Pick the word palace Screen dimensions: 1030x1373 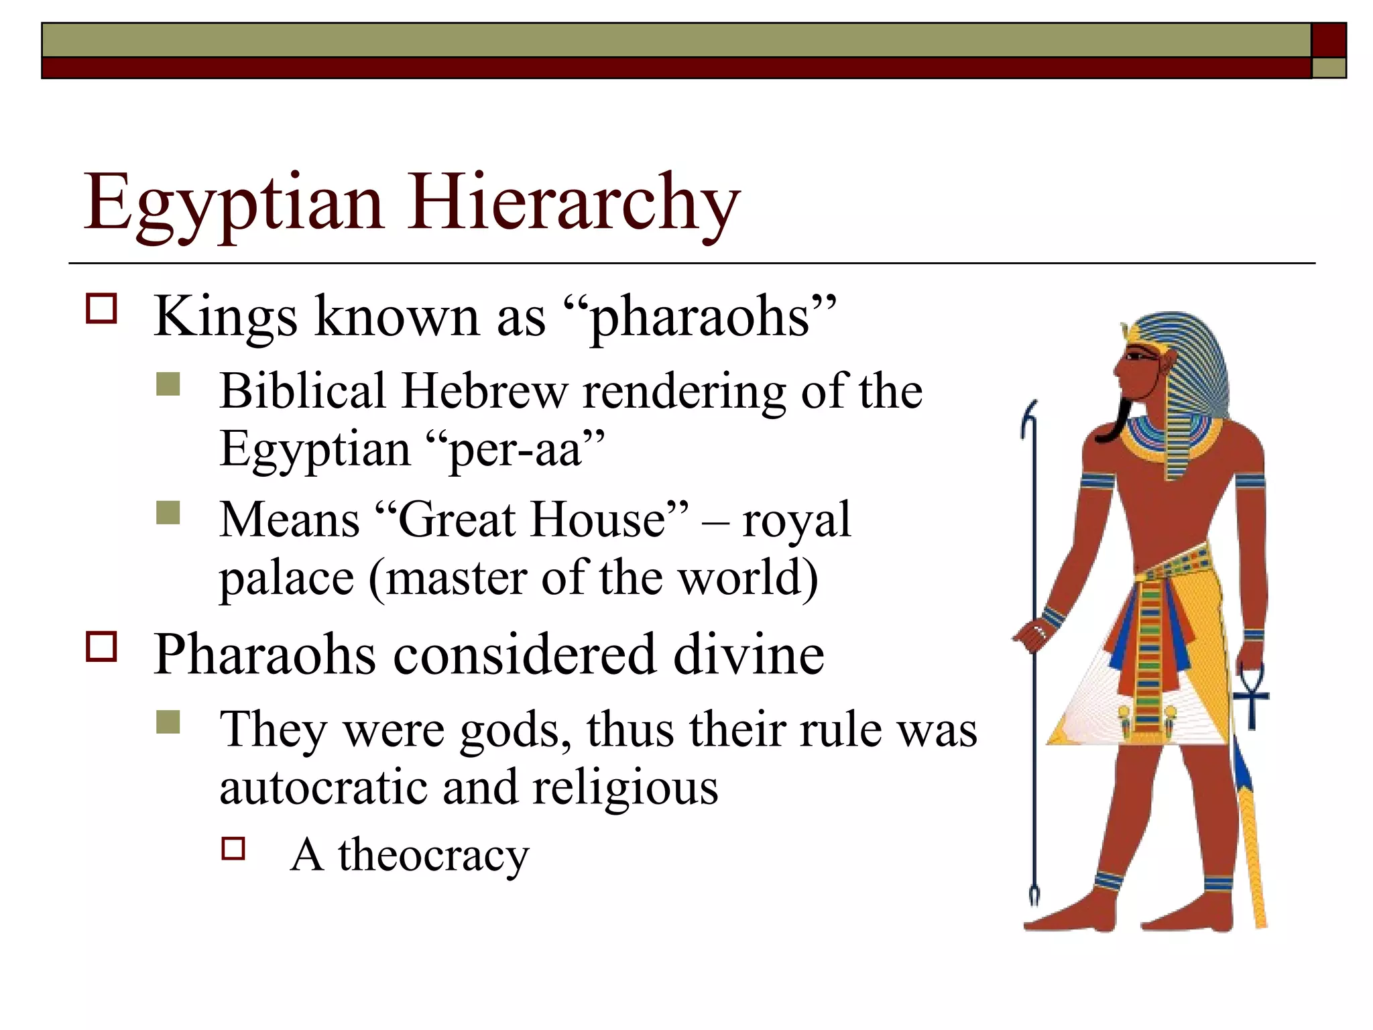pyautogui.click(x=286, y=578)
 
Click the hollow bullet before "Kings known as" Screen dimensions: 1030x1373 pyautogui.click(x=101, y=308)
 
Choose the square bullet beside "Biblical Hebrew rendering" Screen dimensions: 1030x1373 pyautogui.click(x=168, y=385)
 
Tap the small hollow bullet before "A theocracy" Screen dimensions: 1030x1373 pyautogui.click(x=233, y=848)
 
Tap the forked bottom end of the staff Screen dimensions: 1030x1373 pyautogui.click(x=1033, y=895)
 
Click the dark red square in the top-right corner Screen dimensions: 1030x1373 pyautogui.click(x=1328, y=40)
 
